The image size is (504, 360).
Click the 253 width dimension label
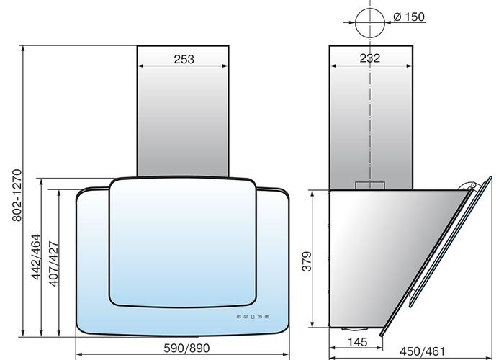pyautogui.click(x=184, y=59)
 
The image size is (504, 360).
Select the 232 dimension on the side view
pyautogui.click(x=370, y=58)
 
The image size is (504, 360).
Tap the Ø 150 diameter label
pyautogui.click(x=409, y=17)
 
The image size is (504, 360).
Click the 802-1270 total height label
pyautogui.click(x=17, y=195)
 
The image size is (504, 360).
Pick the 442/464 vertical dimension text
pyautogui.click(x=36, y=257)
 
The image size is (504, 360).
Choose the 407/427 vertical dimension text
pyautogui.click(x=53, y=264)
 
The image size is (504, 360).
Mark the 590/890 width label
pyautogui.click(x=186, y=348)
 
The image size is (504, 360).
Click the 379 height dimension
pyautogui.click(x=307, y=261)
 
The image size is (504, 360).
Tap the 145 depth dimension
pyautogui.click(x=357, y=342)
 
